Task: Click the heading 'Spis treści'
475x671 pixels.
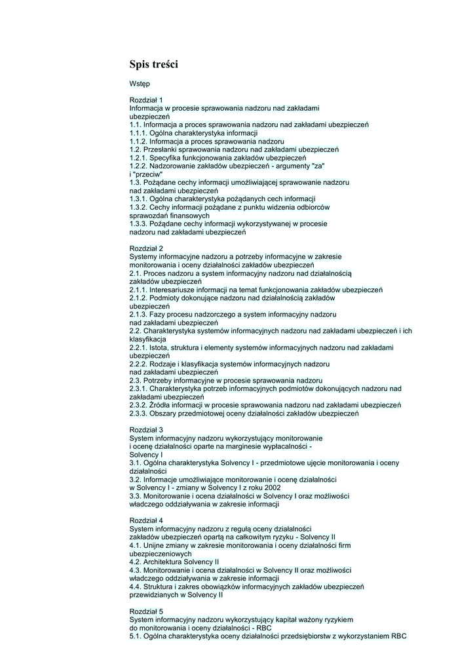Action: [153, 64]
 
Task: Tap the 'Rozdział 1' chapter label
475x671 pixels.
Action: [146, 100]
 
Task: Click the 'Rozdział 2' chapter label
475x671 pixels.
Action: [146, 248]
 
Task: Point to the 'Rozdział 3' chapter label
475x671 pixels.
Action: [146, 430]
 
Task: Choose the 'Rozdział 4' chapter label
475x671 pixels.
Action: [146, 520]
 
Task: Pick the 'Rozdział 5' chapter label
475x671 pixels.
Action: [146, 611]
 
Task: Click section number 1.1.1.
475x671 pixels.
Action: [138, 133]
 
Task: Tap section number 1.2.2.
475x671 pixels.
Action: [138, 166]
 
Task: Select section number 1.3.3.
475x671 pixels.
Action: [138, 223]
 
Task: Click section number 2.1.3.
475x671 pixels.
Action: [138, 315]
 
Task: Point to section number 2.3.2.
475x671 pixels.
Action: [138, 405]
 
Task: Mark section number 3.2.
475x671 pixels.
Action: [136, 479]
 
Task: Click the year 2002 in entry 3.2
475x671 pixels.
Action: [273, 488]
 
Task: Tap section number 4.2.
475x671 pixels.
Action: [136, 562]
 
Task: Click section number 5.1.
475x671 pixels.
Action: [136, 636]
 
